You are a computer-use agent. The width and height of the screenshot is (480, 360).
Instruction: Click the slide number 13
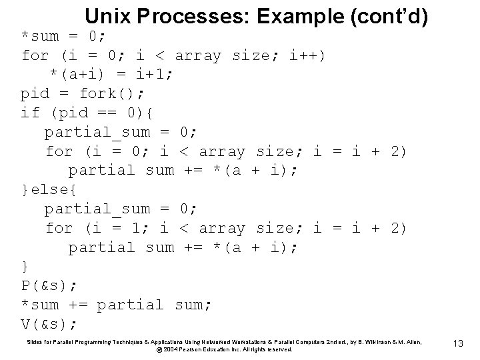(x=458, y=343)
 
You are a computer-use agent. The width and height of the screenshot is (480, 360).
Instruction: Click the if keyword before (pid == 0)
(x=31, y=113)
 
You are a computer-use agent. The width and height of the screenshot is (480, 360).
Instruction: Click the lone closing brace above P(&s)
(x=25, y=267)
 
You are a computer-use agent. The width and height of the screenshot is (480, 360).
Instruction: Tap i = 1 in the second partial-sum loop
(x=117, y=228)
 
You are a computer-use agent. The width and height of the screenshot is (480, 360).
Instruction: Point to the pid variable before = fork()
(x=35, y=93)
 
